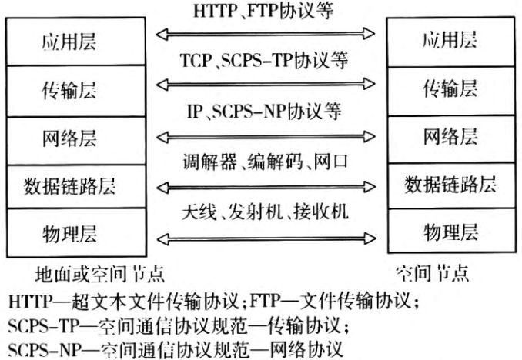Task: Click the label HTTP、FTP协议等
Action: (x=266, y=12)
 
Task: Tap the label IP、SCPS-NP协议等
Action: (x=266, y=112)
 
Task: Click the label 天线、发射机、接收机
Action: (x=266, y=211)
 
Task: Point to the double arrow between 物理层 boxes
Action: (x=266, y=232)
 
